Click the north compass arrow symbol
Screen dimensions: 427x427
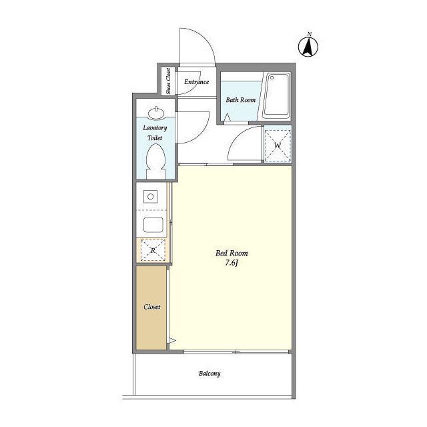tap(308, 47)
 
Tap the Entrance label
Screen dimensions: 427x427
tap(196, 81)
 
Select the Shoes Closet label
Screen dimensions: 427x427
tap(168, 81)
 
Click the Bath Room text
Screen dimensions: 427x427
tap(241, 100)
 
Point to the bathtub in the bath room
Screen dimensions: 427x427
tap(276, 95)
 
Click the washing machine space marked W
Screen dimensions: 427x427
tap(278, 145)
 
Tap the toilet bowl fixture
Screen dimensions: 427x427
tap(155, 161)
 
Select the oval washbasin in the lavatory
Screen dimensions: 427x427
tap(156, 113)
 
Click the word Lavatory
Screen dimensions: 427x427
tap(155, 127)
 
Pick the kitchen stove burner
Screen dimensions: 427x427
tap(151, 196)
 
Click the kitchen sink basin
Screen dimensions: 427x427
tap(153, 225)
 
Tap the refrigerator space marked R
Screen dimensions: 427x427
tap(153, 250)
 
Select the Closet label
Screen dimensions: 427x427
tap(152, 307)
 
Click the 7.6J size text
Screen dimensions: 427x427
tap(232, 263)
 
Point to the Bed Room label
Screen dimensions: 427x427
tap(232, 254)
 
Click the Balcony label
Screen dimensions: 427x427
tap(209, 374)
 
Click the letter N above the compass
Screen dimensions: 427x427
tap(309, 34)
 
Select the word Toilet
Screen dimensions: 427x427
tap(155, 138)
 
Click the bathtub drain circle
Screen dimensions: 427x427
tap(272, 78)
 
